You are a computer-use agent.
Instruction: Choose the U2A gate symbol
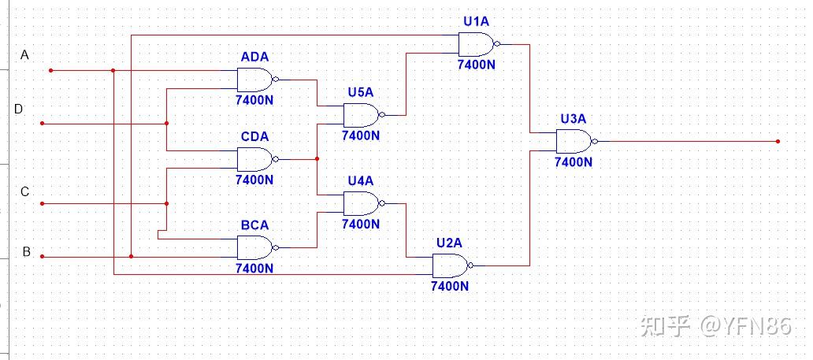[x=453, y=265]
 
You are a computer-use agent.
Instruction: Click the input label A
[x=24, y=55]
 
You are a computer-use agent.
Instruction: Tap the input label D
[x=18, y=109]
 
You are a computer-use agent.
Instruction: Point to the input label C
[x=24, y=192]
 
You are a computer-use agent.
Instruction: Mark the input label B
[x=27, y=252]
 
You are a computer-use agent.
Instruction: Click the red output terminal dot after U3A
[x=778, y=141]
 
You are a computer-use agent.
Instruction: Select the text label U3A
[x=573, y=119]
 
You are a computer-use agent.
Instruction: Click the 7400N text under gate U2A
[x=450, y=286]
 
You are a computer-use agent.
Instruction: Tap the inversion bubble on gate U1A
[x=497, y=44]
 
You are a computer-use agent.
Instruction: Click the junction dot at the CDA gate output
[x=317, y=159]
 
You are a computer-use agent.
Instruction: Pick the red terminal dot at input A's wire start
[x=50, y=70]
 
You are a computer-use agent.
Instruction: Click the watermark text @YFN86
[x=746, y=326]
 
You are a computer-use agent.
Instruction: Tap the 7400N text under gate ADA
[x=254, y=100]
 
